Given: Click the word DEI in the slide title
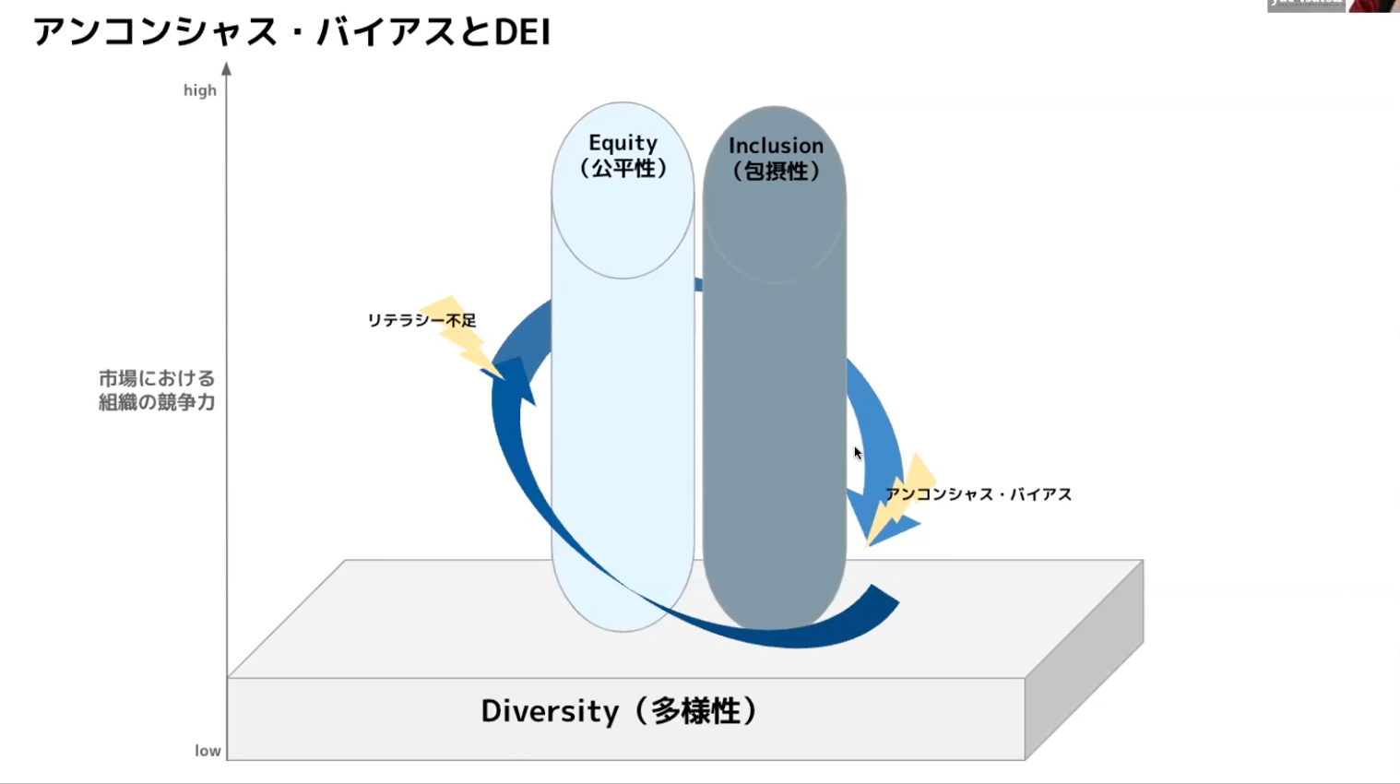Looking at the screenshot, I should [x=522, y=32].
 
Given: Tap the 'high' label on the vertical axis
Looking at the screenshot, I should [x=199, y=90].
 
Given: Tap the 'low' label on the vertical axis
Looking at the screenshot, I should [x=208, y=751].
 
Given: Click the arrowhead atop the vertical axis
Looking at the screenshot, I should [x=227, y=68].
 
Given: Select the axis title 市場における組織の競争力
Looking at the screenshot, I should [x=157, y=390].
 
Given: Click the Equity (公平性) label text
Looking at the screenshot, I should [x=623, y=155].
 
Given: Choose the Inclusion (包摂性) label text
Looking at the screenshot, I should [x=776, y=158].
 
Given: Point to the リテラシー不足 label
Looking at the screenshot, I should [x=421, y=320].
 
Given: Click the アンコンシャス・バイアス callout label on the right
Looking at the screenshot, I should [x=979, y=494].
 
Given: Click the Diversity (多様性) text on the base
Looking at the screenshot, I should [x=619, y=711].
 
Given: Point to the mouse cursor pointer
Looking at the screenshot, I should [x=858, y=453].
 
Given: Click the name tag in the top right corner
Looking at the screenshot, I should [x=1306, y=5].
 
